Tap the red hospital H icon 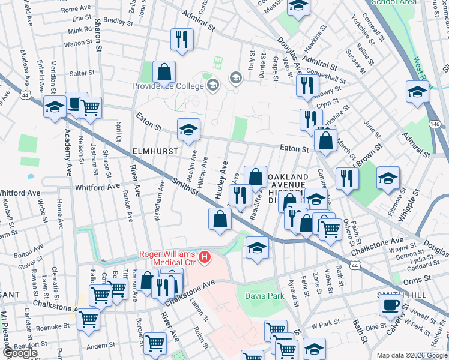click(x=205, y=257)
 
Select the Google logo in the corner click(x=19, y=353)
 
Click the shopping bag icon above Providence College click(x=164, y=73)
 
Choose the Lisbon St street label click(x=198, y=308)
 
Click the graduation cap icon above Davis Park click(x=257, y=247)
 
